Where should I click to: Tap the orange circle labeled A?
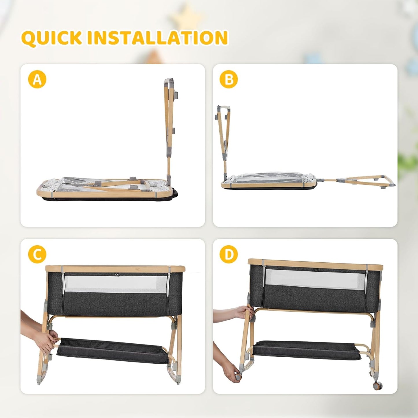37,80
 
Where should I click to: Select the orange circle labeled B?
229,80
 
